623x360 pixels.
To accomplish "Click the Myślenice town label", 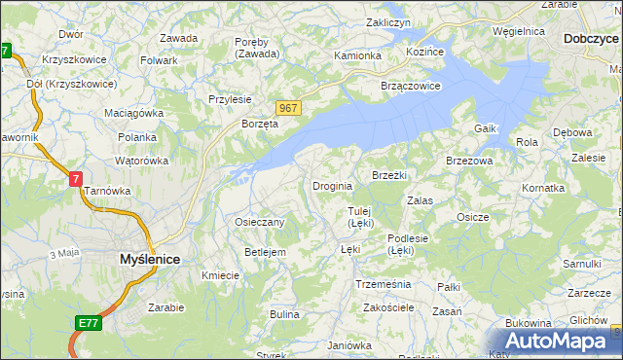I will tap(149, 260).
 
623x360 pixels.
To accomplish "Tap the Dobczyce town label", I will tap(590, 40).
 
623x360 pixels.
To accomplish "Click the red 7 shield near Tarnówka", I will tap(76, 179).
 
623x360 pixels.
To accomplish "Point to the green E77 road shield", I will tap(87, 321).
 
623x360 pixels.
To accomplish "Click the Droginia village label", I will tap(332, 186).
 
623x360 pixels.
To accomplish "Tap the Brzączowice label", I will tap(412, 85).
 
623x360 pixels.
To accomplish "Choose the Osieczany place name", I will tap(260, 222).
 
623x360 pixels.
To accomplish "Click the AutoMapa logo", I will tap(564, 341).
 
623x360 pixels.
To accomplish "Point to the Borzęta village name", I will tap(260, 125).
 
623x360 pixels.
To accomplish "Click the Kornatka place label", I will tap(543, 187).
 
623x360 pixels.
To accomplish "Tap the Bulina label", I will tap(284, 314).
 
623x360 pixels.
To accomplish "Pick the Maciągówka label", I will tap(134, 113).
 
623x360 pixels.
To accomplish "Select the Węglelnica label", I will tap(519, 31).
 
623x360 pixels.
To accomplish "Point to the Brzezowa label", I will tap(469, 161).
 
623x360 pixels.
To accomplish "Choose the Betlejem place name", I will tap(265, 252).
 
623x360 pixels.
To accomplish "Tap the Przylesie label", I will tap(231, 99).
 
